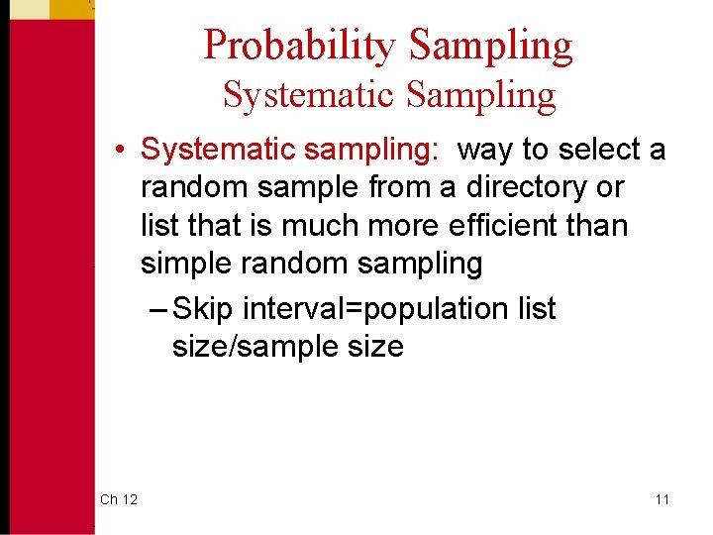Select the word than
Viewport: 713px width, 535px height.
coord(597,225)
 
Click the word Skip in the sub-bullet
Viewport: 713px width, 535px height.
coord(202,309)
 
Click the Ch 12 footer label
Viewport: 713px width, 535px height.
coord(119,499)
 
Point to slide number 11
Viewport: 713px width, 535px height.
coord(662,499)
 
